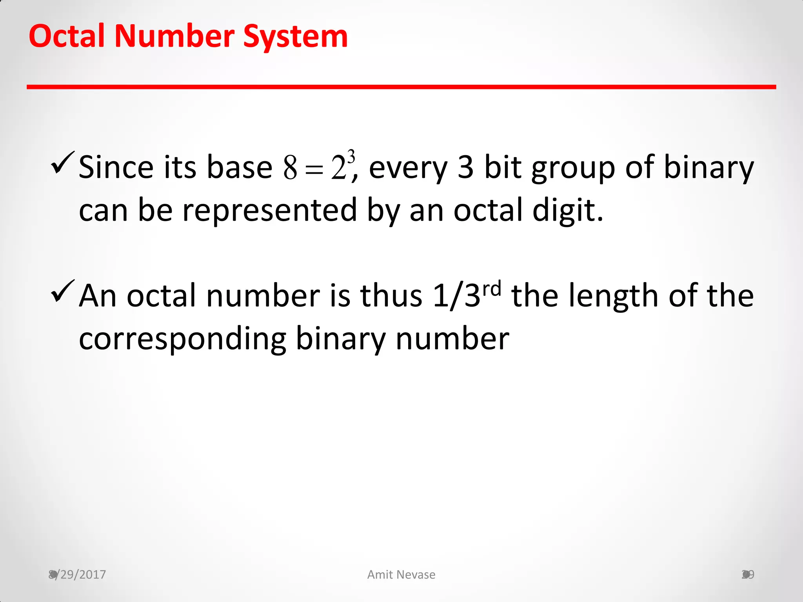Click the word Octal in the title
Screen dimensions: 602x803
(67, 36)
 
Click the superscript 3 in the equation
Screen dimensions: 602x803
(351, 157)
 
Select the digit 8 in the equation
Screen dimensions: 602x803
(290, 168)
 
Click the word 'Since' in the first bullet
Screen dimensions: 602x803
(116, 167)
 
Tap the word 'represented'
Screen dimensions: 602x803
(270, 211)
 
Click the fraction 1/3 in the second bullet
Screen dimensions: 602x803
(456, 296)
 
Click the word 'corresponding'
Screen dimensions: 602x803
(183, 339)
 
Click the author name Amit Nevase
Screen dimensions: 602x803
(401, 575)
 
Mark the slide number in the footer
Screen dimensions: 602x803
(748, 575)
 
